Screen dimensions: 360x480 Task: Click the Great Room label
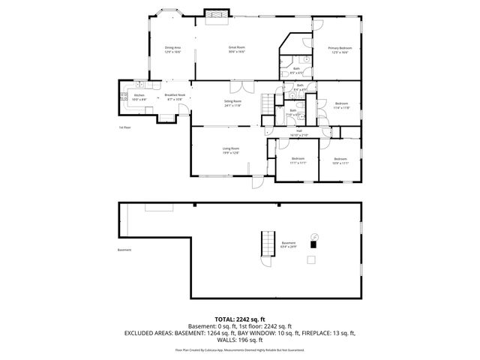(237, 49)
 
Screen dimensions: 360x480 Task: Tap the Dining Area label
(173, 49)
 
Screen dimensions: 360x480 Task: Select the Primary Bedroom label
(339, 50)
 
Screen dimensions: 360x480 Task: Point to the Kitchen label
(139, 97)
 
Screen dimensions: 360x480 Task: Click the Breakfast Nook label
(175, 97)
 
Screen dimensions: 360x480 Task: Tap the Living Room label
(230, 150)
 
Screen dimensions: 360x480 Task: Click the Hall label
(298, 133)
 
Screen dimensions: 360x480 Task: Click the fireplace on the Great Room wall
(216, 14)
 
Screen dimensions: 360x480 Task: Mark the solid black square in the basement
(313, 242)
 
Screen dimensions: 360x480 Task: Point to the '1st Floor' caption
(125, 127)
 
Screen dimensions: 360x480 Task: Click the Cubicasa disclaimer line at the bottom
(240, 349)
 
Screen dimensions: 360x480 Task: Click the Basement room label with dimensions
(289, 244)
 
